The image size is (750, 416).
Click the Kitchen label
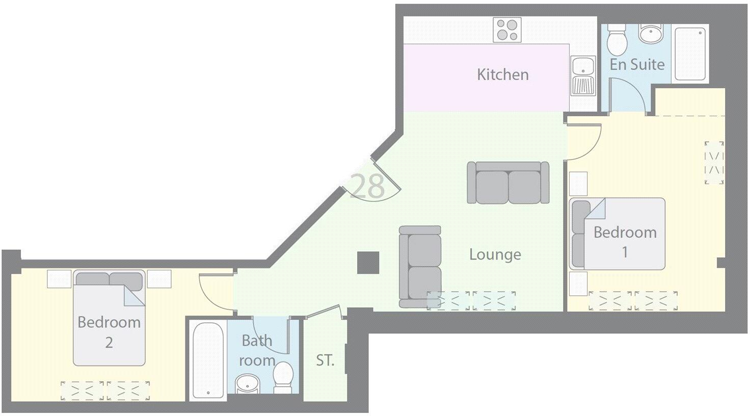pos(502,74)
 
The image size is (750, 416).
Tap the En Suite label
pos(637,64)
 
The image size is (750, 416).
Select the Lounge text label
pos(495,254)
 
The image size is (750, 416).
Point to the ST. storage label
pos(325,360)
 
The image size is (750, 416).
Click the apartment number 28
pos(368,186)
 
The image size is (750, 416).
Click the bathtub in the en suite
pos(690,54)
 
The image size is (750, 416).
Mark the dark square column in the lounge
pos(368,263)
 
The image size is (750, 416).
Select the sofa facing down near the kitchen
pos(508,183)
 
